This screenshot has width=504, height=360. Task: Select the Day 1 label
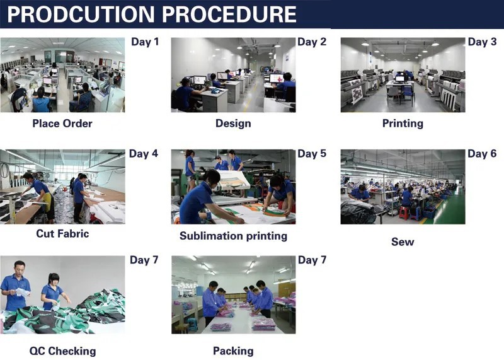[144, 42]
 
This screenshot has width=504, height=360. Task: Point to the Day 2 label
[312, 42]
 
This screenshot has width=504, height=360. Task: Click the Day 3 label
[482, 42]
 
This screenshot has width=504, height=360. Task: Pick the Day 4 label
[144, 153]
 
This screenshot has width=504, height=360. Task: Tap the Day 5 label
[312, 153]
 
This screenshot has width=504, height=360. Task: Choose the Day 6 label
[482, 153]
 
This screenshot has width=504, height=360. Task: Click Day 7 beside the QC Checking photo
[144, 260]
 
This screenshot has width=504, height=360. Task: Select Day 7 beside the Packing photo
[312, 260]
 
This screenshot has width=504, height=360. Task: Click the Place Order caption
[62, 124]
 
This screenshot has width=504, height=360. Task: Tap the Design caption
[233, 124]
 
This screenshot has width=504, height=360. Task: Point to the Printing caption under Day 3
[403, 124]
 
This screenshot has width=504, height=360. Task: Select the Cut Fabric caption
[62, 233]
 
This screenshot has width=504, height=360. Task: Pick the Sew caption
[403, 241]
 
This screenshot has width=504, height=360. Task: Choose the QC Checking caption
[62, 351]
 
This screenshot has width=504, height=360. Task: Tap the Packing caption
[233, 351]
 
